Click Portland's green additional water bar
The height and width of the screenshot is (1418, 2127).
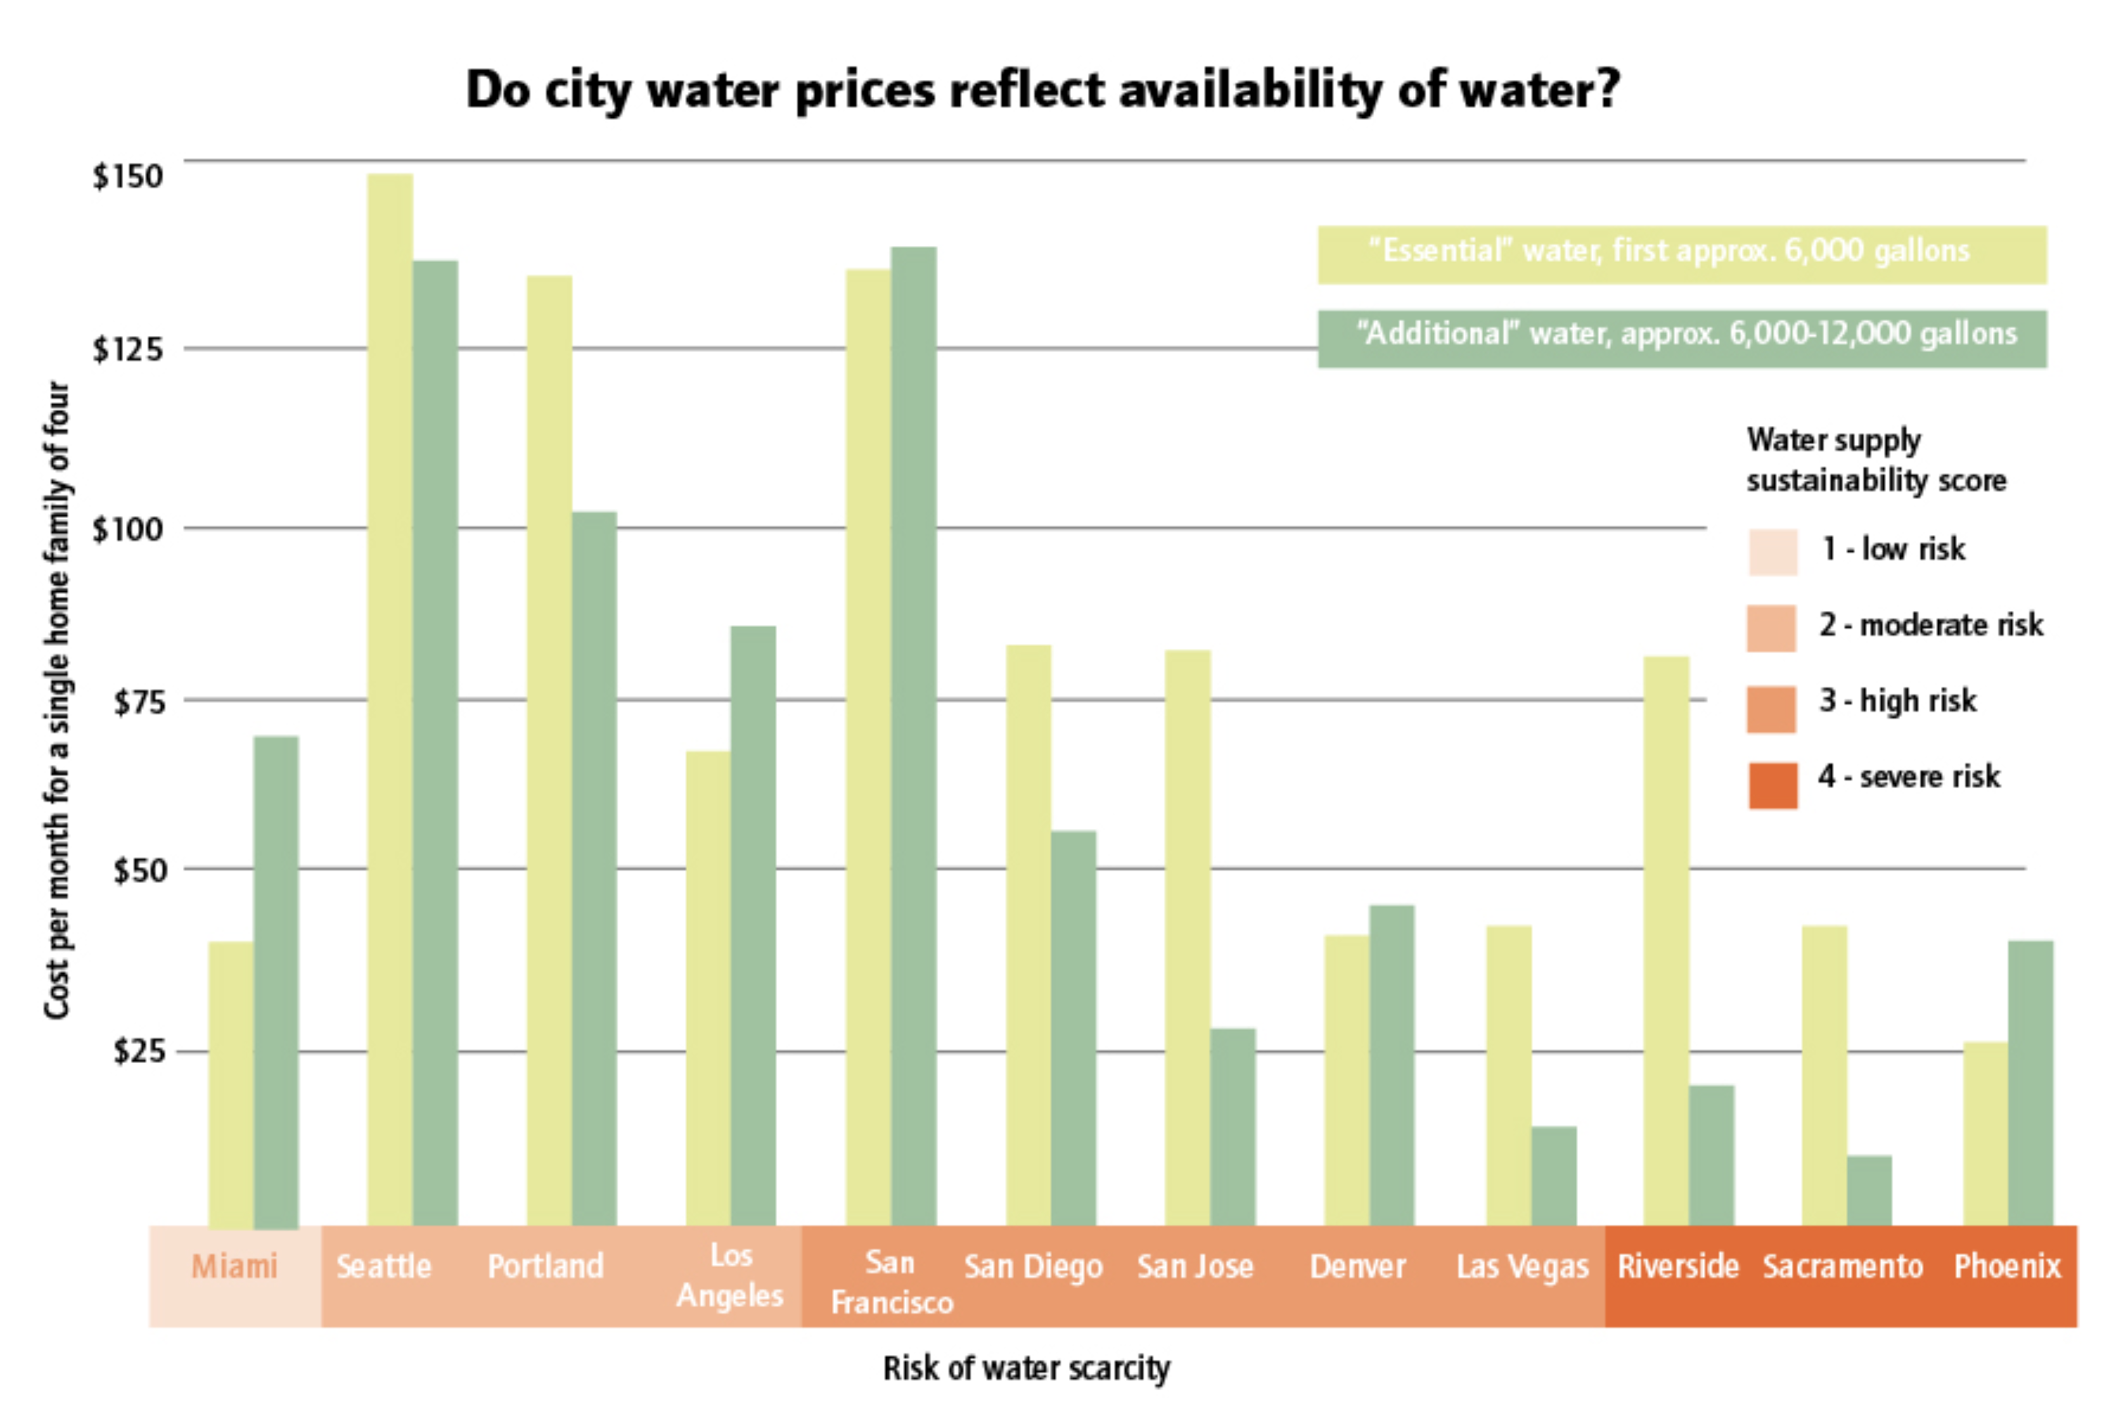coord(594,868)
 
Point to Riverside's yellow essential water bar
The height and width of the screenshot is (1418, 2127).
coord(1666,941)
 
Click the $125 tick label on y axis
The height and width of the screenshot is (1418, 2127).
coord(127,349)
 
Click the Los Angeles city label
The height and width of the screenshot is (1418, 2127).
coord(730,1275)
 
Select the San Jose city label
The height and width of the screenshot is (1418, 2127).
coord(1194,1266)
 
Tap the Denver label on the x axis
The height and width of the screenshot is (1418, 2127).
coord(1357,1266)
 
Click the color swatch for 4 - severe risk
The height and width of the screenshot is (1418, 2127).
coord(1771,785)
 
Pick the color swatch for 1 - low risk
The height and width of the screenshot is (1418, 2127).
coord(1771,552)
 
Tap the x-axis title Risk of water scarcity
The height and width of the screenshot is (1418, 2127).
coord(1026,1369)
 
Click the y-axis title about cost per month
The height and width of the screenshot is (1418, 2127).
coord(57,699)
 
